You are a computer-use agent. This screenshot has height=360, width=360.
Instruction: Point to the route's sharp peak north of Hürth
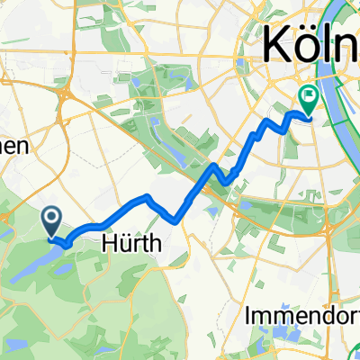point(146,196)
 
